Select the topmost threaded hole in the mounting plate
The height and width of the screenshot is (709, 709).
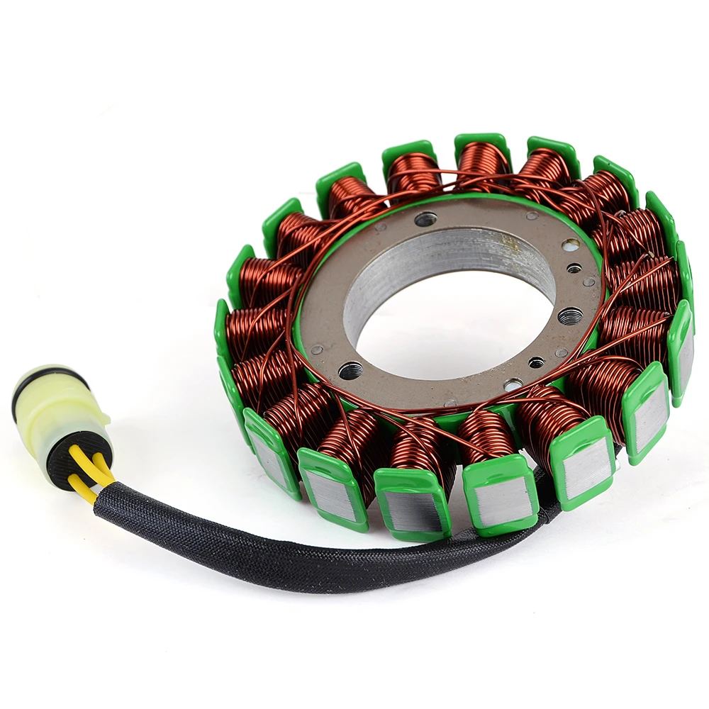tap(425, 219)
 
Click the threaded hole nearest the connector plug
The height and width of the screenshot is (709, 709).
tap(350, 369)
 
